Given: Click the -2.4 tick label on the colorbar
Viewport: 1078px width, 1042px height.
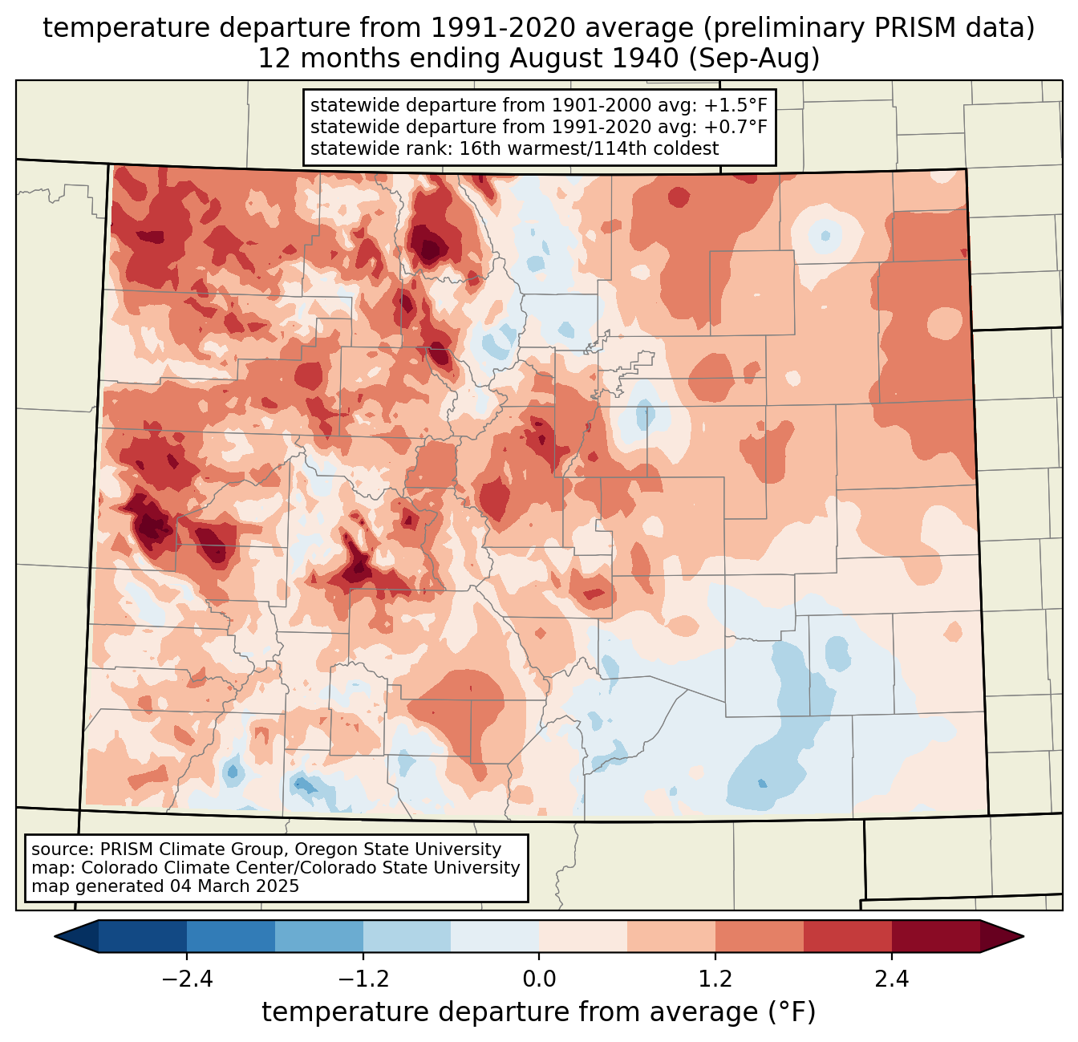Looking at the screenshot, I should click(187, 979).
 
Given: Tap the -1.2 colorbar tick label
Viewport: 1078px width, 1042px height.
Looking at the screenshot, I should click(363, 979).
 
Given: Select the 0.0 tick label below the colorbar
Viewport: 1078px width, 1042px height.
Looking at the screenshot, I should click(539, 979).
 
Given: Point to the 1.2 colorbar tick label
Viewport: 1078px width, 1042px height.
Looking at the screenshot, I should click(715, 979).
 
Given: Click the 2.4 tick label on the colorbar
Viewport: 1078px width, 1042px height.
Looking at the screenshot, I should click(891, 979).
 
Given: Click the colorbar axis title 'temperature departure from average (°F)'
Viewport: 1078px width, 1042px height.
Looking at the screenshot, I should click(538, 1012).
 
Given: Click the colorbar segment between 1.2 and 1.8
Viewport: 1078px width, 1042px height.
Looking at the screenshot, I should click(759, 936).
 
